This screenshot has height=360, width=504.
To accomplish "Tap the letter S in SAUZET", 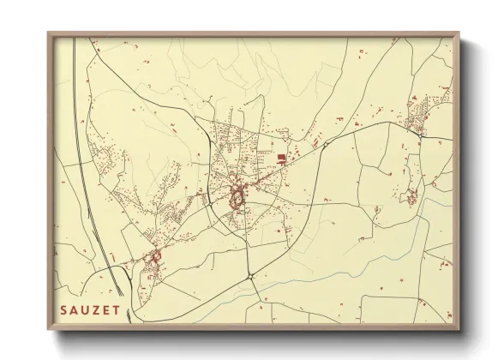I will pos(63,308).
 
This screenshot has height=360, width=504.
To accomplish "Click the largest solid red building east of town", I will pos(281,156).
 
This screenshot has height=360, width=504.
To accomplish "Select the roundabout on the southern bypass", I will pos(249,276).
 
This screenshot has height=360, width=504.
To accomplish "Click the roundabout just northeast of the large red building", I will pos(325,145).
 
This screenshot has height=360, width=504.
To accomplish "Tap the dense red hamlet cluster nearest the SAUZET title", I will pos(154,256).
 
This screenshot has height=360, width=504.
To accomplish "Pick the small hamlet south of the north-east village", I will pos(411,196).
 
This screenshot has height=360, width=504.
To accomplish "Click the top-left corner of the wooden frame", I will pos(48,33).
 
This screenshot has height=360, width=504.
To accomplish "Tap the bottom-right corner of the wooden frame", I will pos(460,330).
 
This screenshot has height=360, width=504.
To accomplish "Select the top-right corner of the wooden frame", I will pos(460,33).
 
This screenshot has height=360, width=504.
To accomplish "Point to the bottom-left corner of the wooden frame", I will pos(48,330).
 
